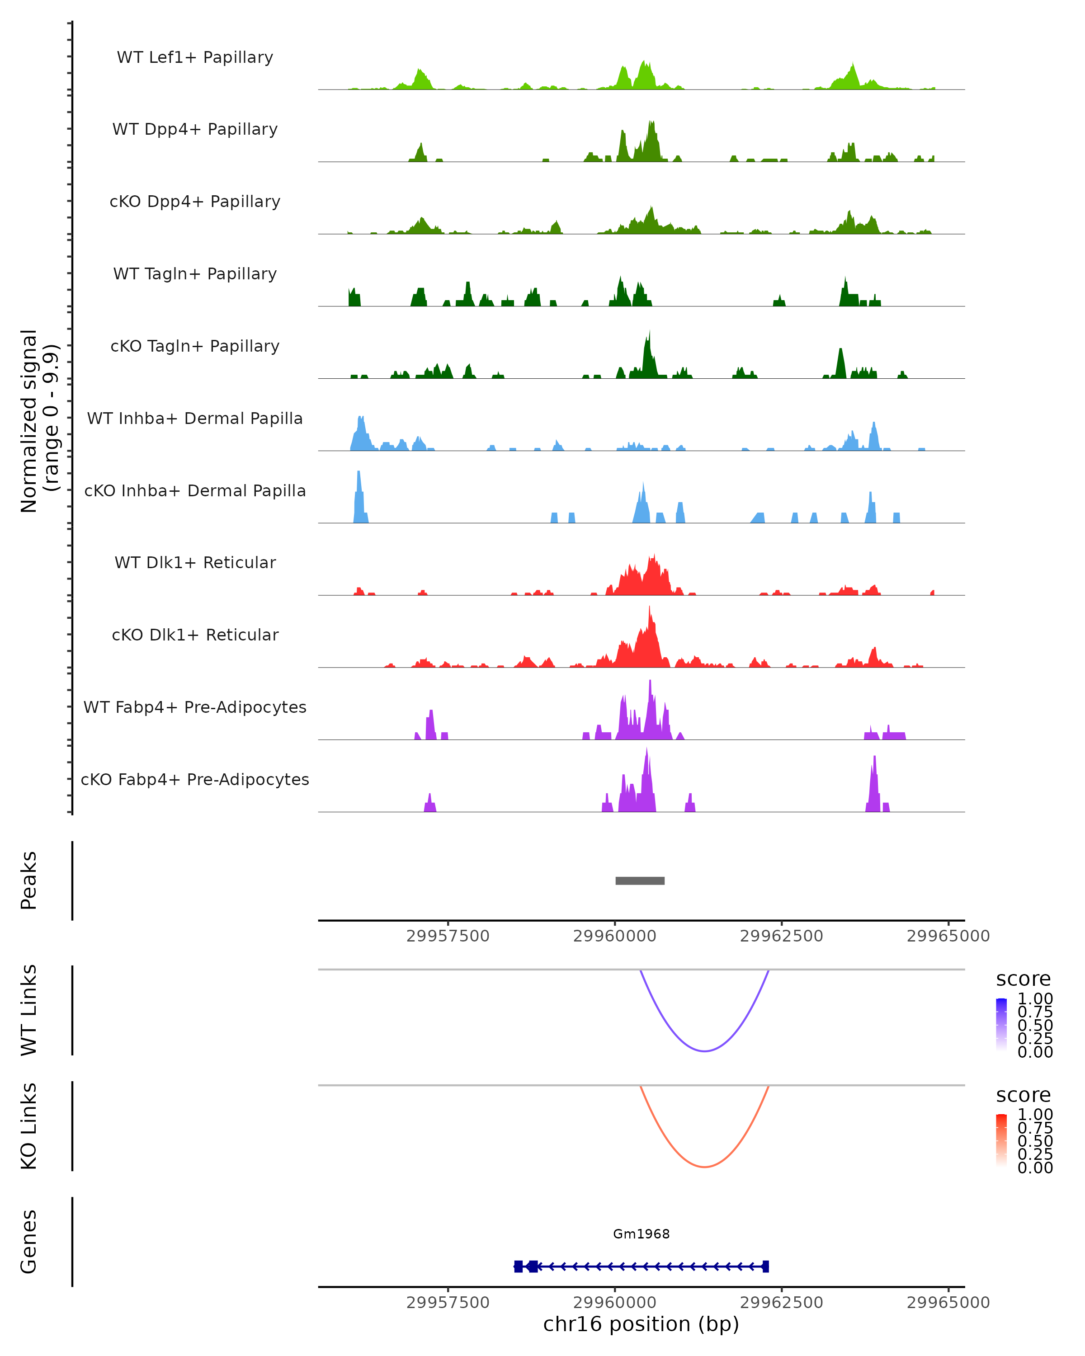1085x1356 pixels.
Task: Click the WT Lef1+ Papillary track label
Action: pos(195,57)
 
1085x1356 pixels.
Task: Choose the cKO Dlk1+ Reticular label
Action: pos(195,635)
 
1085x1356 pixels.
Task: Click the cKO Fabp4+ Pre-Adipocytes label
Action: pos(195,779)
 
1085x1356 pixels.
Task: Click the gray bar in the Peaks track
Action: pos(640,880)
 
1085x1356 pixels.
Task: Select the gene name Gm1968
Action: pos(641,1234)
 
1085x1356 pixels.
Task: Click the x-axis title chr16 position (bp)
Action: pos(641,1324)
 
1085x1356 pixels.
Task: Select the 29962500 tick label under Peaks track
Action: pos(781,936)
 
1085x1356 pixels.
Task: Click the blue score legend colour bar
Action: pos(1001,1025)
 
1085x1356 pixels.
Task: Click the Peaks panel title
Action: pos(29,880)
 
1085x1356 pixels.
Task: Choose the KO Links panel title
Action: pos(29,1126)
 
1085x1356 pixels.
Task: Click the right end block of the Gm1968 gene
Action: pos(765,1266)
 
